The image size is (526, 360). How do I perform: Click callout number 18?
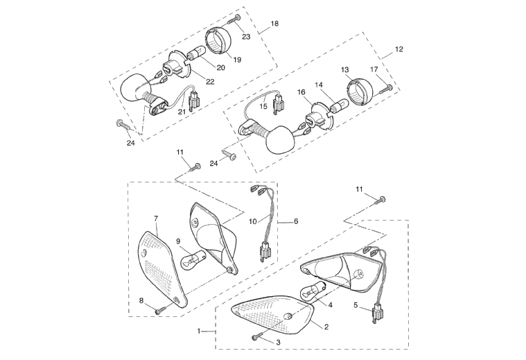[x=274, y=24]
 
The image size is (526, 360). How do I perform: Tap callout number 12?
[x=398, y=49]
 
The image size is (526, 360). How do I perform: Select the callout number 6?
[x=296, y=221]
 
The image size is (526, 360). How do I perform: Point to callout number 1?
[x=199, y=332]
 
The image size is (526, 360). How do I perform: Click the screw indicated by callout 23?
[x=236, y=19]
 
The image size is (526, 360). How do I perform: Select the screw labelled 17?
[x=387, y=89]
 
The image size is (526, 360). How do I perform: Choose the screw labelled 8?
[x=161, y=310]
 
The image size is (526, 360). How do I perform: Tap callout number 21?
[x=181, y=111]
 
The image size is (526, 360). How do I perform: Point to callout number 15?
[x=263, y=106]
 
